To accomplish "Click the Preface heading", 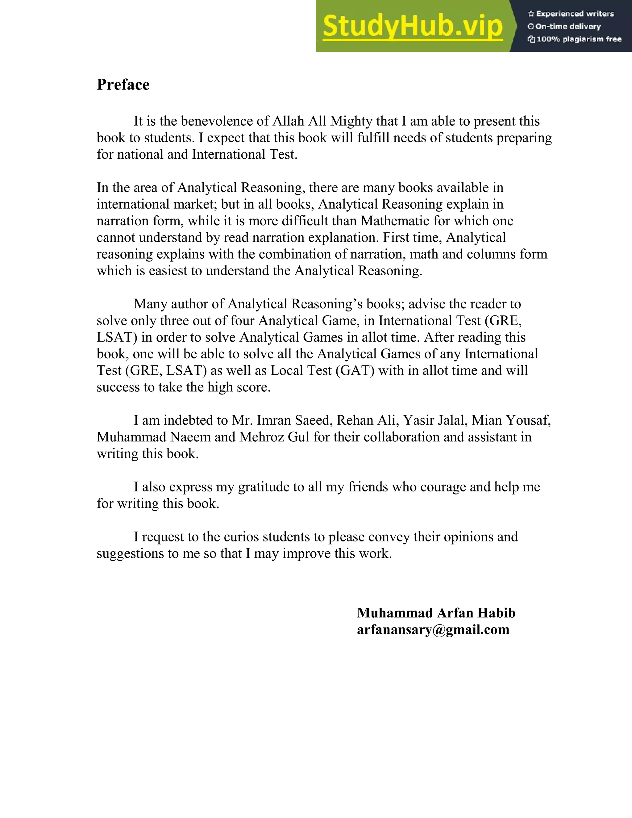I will click(123, 85).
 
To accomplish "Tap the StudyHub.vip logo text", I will click(412, 27).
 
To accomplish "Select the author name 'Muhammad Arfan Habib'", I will click(436, 613).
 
